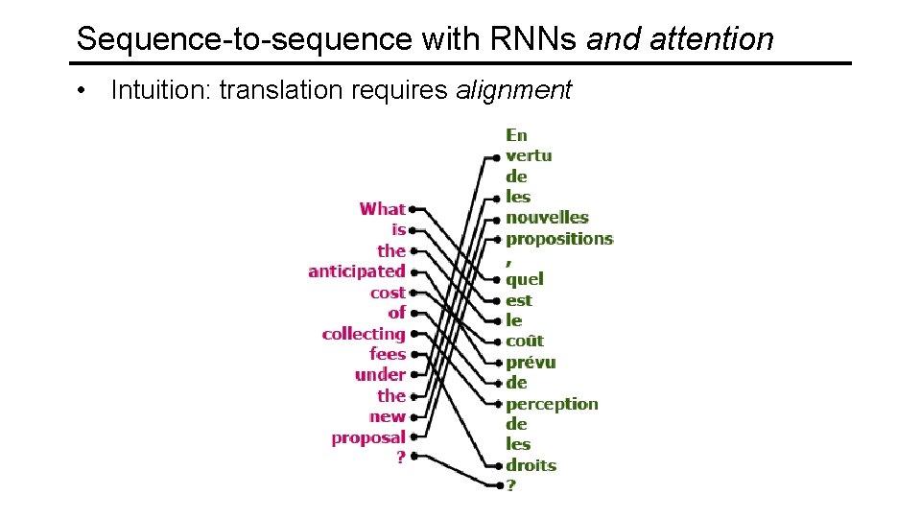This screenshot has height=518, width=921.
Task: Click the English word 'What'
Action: point(382,209)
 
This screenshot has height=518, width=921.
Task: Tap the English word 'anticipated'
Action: point(356,271)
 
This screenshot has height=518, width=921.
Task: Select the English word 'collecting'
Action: point(363,334)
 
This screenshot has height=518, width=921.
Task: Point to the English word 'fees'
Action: point(388,354)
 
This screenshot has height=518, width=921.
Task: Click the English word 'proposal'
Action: point(368,437)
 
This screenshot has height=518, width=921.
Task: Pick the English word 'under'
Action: point(380,375)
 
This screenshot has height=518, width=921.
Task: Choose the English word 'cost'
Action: point(388,293)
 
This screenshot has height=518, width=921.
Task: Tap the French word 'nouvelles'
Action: point(547,218)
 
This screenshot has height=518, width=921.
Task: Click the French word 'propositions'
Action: point(558,239)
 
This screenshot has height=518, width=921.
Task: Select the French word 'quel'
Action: point(524,279)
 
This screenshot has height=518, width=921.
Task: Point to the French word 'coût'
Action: point(524,341)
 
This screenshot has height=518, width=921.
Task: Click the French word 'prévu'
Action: point(530,363)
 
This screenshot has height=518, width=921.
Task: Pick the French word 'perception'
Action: point(552,404)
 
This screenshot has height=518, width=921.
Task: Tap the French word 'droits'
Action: point(531,465)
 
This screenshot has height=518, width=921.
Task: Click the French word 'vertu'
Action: point(529,155)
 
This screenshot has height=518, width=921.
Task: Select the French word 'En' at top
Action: point(516,135)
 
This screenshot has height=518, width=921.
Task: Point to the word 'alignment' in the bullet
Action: point(513,90)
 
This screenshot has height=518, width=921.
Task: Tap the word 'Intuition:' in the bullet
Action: point(161,90)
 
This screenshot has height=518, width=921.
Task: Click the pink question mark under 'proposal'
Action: point(401,458)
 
